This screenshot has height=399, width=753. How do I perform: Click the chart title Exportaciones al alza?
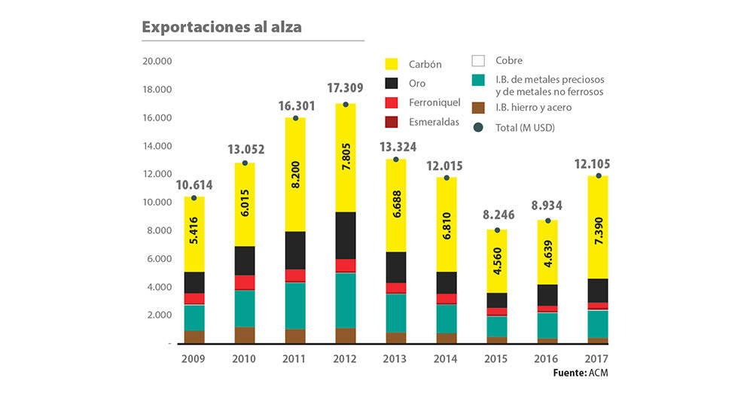point(222,27)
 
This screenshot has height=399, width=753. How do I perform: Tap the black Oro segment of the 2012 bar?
point(346,235)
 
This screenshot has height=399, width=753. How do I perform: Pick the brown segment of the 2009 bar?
point(194,337)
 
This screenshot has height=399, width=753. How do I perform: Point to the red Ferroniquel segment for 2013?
point(396,288)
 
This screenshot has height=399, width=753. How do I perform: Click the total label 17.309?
point(346,89)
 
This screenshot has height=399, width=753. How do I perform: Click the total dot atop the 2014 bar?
point(447,178)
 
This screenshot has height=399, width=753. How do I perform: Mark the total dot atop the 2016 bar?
point(547,221)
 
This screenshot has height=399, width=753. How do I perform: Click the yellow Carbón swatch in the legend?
point(392,64)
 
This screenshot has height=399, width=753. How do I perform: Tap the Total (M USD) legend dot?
point(477,128)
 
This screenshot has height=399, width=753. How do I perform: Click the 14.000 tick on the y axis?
point(157,146)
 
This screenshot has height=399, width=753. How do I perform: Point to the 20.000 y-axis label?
point(157,62)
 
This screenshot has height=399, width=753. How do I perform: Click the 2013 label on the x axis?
point(396,358)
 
